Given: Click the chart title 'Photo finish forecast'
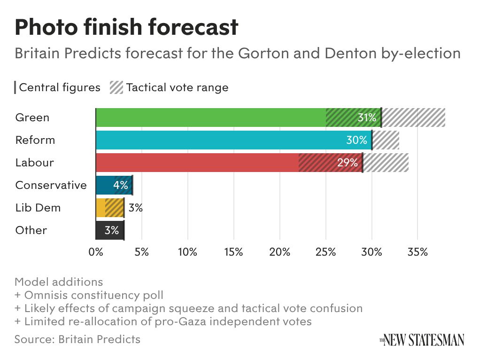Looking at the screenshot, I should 126,28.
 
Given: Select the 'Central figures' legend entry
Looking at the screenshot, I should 59,87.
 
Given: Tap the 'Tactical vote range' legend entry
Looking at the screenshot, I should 177,87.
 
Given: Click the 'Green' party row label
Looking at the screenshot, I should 32,117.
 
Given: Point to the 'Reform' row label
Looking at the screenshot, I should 35,140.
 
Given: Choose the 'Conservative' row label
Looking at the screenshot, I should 51,185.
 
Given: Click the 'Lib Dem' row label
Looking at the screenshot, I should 38,208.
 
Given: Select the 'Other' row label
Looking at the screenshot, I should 31,230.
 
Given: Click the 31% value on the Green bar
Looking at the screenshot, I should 367,117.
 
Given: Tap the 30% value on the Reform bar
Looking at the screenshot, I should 357,140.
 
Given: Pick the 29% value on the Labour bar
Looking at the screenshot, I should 348,163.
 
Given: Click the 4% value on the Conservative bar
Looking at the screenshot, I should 120,185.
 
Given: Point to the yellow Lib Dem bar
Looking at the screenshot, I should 109,208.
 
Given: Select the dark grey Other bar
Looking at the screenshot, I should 109,230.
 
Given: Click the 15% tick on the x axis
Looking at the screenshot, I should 233,252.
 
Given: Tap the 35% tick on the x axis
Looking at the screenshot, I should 417,252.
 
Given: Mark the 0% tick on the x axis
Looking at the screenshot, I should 96,252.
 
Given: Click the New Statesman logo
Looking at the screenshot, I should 422,339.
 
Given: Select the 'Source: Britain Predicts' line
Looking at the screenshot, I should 77,339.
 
